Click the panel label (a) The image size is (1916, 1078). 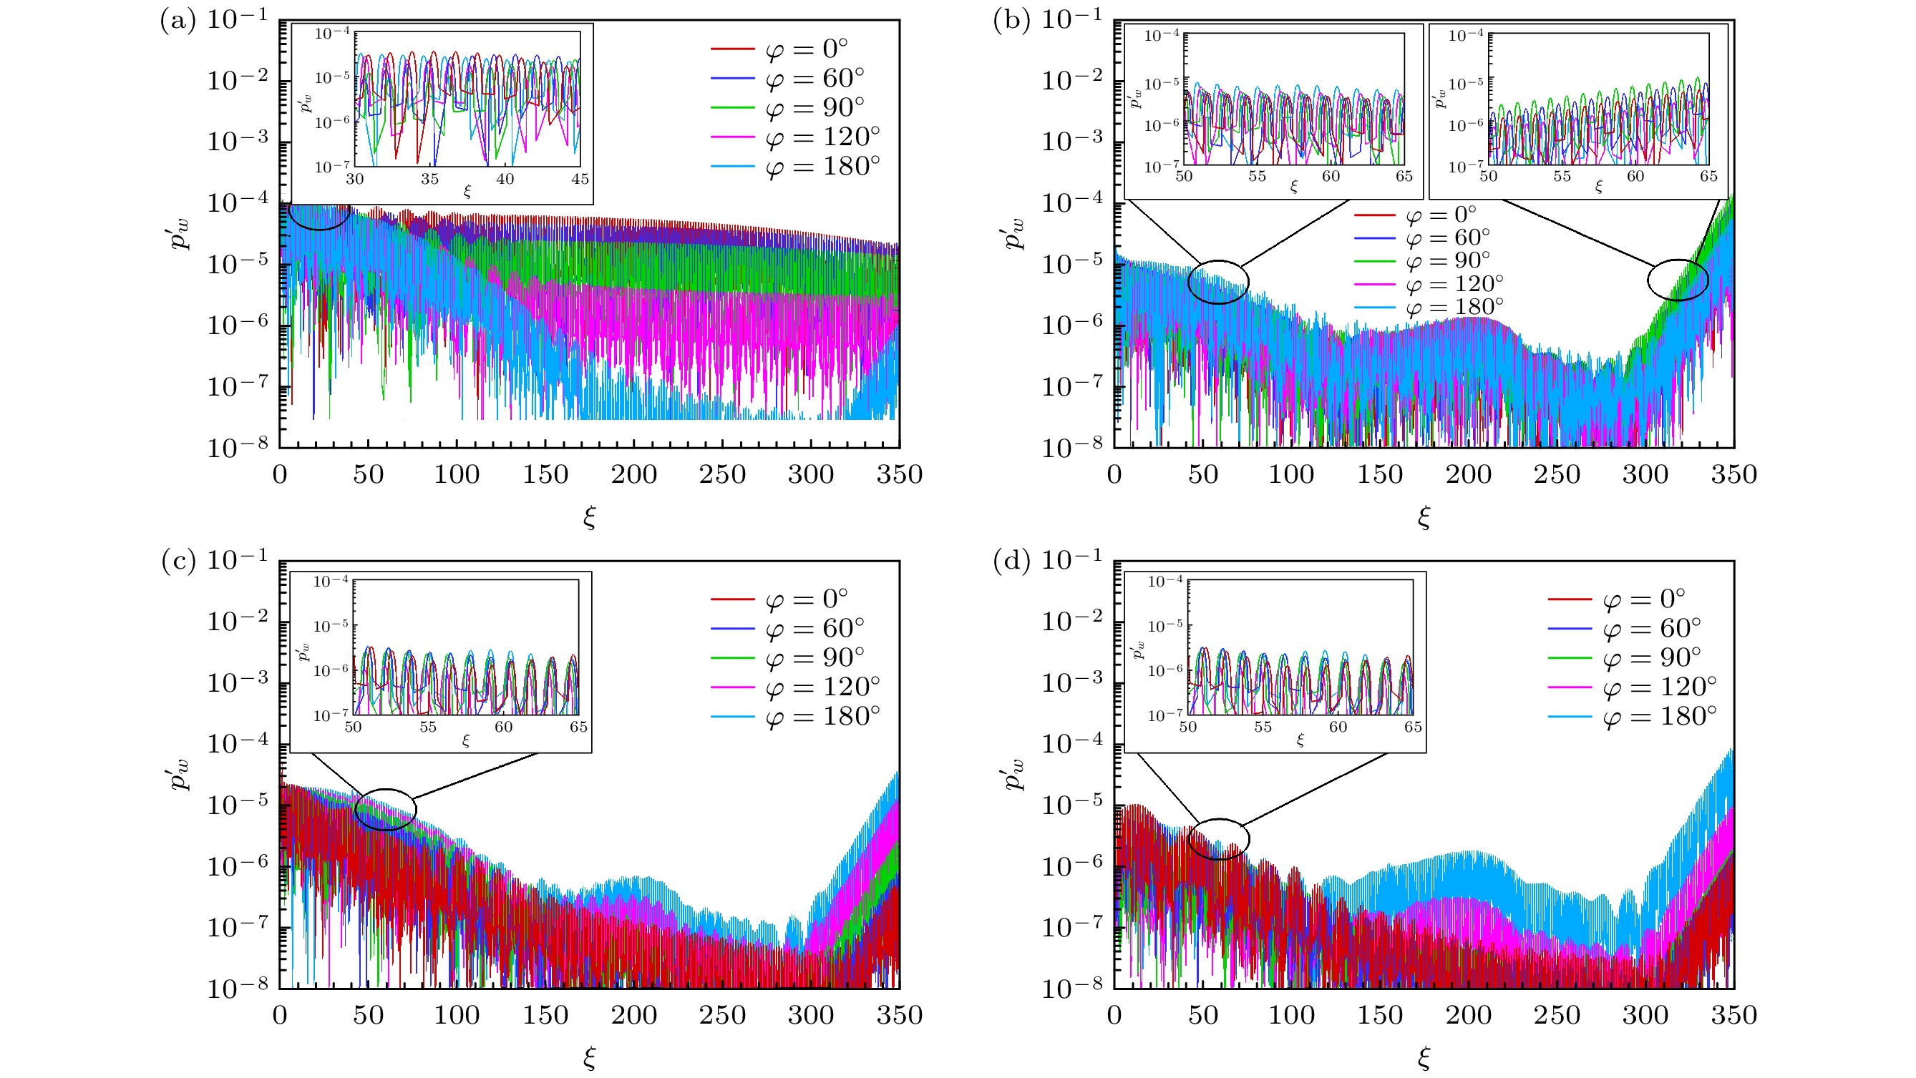(x=178, y=21)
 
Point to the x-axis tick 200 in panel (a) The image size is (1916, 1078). (x=633, y=475)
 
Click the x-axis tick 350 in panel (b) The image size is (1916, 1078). (x=1733, y=475)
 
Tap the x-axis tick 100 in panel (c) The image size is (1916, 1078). (x=457, y=1016)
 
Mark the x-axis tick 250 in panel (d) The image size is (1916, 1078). (x=1556, y=1016)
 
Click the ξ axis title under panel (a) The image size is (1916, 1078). (x=589, y=516)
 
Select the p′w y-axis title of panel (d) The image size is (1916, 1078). (x=1014, y=773)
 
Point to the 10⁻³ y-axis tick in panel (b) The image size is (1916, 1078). (x=1071, y=140)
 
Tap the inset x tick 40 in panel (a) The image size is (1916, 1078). (x=505, y=179)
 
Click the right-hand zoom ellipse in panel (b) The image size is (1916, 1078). (x=1677, y=280)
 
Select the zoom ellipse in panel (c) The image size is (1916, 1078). (x=385, y=810)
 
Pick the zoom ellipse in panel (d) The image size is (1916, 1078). (x=1218, y=839)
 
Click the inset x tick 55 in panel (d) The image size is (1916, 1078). (x=1263, y=727)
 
